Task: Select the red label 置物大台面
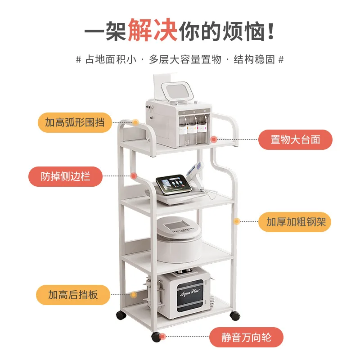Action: (295, 139)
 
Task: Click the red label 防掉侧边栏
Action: (65, 176)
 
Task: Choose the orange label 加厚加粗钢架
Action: (295, 222)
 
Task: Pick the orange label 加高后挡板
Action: (73, 295)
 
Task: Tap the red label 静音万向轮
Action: (247, 337)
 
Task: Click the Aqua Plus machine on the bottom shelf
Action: (184, 294)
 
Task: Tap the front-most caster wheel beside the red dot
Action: (156, 336)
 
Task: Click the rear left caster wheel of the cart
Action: (121, 315)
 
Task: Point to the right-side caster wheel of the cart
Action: (234, 315)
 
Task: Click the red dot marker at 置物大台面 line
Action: (214, 139)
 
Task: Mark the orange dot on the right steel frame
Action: (236, 221)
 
